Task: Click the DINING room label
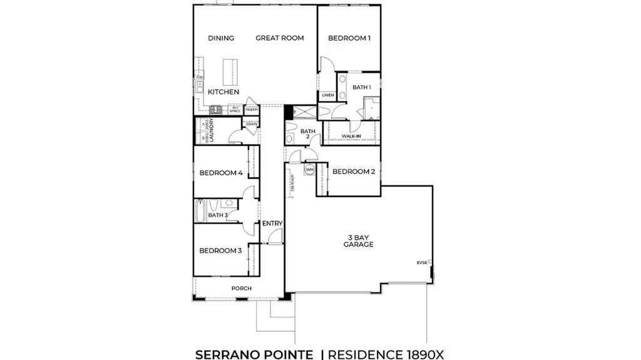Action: [x=220, y=38]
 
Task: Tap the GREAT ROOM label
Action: [x=279, y=38]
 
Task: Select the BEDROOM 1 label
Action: [x=349, y=38]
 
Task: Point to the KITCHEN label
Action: [x=223, y=92]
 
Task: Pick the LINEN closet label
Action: [x=328, y=95]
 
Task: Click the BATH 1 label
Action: [x=361, y=87]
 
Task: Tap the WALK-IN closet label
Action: [x=351, y=135]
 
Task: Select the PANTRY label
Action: [x=252, y=110]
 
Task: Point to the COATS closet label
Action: [x=251, y=124]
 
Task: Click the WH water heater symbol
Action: [x=309, y=169]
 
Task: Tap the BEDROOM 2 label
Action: [x=354, y=172]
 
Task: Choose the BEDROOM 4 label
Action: [x=221, y=173]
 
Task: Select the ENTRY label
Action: [x=272, y=224]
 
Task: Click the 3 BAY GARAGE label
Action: [x=358, y=241]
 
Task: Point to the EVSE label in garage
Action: [x=423, y=262]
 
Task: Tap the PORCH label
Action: [x=242, y=288]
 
